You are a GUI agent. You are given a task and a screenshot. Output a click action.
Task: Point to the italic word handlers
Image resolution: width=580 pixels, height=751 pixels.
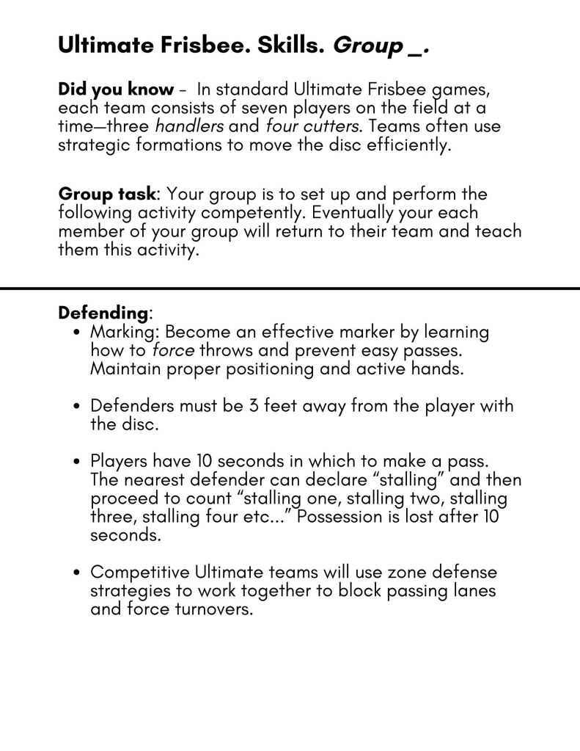[189, 126]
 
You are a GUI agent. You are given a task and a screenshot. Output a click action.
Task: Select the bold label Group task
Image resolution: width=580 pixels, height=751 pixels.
[107, 195]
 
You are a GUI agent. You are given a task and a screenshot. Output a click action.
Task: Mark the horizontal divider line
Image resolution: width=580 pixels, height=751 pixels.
[290, 289]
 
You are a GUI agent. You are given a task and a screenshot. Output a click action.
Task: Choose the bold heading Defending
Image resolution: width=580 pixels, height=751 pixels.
[103, 313]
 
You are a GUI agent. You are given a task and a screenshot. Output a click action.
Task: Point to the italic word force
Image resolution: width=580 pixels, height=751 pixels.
[173, 350]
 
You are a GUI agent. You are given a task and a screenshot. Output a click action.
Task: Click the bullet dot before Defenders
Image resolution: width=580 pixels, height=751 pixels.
[78, 407]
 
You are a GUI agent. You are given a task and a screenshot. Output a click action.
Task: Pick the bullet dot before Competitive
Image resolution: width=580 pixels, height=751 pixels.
[78, 573]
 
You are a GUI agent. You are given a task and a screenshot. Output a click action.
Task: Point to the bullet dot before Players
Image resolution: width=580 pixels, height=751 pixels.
[78, 462]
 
